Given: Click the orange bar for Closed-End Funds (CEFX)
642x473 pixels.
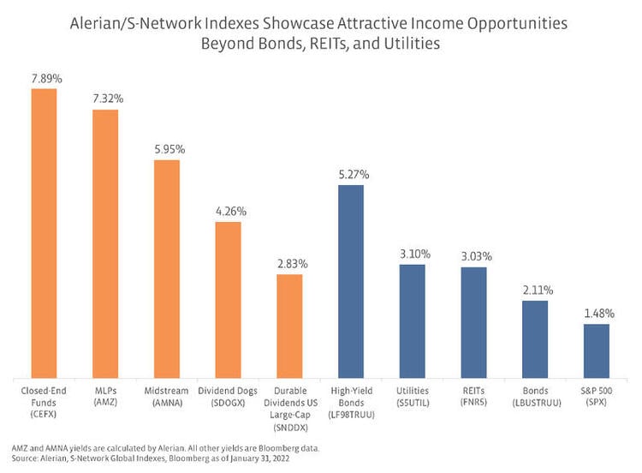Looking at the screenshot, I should pos(44,232).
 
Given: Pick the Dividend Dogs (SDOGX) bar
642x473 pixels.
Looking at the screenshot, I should pos(228,299).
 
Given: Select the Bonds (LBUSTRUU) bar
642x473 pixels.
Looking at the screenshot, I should pos(535,338).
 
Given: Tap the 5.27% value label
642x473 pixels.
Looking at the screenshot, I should pos(351,175).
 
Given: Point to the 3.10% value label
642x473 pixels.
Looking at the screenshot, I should pos(413,254).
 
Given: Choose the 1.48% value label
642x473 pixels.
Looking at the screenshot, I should pos(597,314).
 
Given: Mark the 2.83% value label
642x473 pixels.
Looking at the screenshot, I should pos(289,264).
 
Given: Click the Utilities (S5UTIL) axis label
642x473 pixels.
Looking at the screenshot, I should pos(413,395).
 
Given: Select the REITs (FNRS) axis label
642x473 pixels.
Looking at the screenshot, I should pos(473,395).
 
